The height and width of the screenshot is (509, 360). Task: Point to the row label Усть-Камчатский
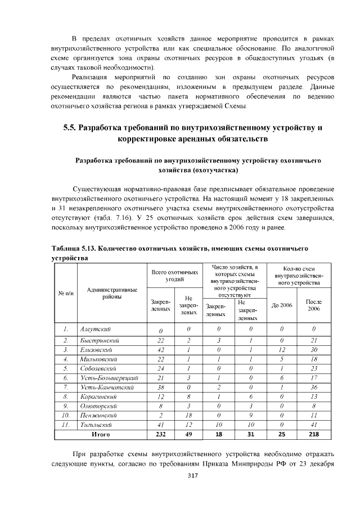click(105, 388)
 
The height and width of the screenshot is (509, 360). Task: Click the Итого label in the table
click(100, 435)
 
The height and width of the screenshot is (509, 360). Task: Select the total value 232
click(160, 435)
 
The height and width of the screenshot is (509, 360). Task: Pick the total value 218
click(313, 435)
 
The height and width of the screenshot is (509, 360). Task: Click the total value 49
click(188, 435)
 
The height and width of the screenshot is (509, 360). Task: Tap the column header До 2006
click(282, 305)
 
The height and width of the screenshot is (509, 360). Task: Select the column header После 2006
click(313, 305)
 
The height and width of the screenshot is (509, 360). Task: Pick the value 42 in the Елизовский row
click(160, 349)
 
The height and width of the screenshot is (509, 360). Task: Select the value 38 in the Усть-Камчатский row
click(160, 388)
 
